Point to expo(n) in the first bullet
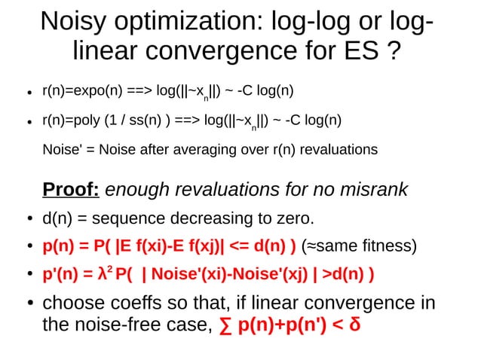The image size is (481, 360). tap(90, 92)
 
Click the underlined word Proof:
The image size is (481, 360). tap(71, 189)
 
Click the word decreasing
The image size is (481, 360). tap(216, 219)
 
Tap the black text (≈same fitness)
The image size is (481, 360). tap(358, 246)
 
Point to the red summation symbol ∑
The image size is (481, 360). tap(224, 327)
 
